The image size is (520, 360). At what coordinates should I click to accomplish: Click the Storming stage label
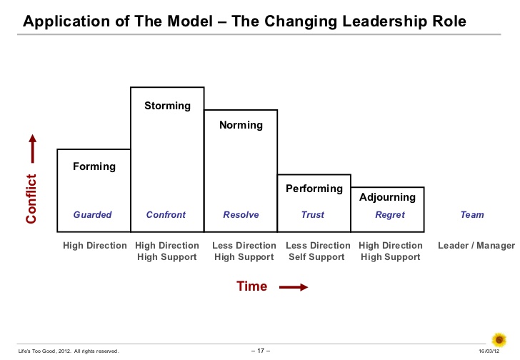[x=167, y=106]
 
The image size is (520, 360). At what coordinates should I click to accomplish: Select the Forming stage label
[x=94, y=166]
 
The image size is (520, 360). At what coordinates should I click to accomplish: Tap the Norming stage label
[x=241, y=125]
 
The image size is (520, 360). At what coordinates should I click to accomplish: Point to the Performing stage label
[x=314, y=189]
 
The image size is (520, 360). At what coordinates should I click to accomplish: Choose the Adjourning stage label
[x=387, y=197]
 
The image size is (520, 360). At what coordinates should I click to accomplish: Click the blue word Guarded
[x=93, y=215]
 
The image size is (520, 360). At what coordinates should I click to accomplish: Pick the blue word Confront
[x=166, y=215]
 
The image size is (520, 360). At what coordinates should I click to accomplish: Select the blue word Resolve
[x=241, y=215]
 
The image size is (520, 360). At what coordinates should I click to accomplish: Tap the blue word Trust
[x=313, y=215]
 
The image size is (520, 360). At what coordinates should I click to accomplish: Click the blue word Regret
[x=390, y=215]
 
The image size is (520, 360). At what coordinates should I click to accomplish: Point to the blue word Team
[x=472, y=215]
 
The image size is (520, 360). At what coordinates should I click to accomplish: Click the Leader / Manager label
[x=476, y=246]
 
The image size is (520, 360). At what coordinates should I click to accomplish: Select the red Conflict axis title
[x=31, y=199]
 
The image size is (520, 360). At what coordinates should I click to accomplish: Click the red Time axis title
[x=251, y=286]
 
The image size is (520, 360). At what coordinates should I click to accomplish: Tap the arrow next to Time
[x=294, y=287]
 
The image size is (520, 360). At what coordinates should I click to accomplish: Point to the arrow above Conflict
[x=33, y=149]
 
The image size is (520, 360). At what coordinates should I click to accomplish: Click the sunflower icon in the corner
[x=499, y=340]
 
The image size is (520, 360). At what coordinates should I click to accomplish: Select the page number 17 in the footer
[x=261, y=351]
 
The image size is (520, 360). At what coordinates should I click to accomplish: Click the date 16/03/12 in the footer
[x=489, y=351]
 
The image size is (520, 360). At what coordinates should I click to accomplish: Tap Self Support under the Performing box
[x=316, y=257]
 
